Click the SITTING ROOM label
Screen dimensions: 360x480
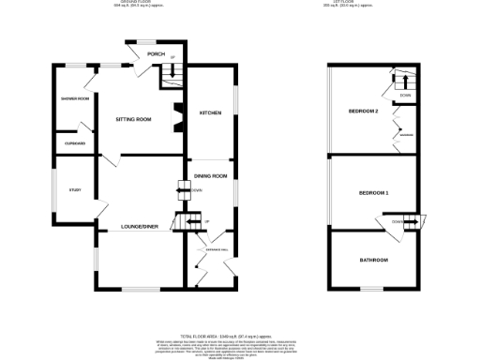(x=133, y=120)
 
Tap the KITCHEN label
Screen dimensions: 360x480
(x=210, y=113)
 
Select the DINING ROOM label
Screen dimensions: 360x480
(x=211, y=176)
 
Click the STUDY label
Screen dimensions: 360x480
(x=75, y=190)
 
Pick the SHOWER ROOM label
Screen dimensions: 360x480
(x=77, y=98)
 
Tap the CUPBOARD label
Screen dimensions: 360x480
(x=75, y=142)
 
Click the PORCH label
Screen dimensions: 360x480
(x=156, y=54)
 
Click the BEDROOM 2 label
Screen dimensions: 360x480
(x=363, y=112)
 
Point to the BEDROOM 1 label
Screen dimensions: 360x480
(x=373, y=193)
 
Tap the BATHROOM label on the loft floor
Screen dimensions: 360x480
(x=373, y=260)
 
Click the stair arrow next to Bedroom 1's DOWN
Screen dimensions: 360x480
(x=412, y=221)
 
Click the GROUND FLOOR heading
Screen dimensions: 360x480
(x=131, y=3)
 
